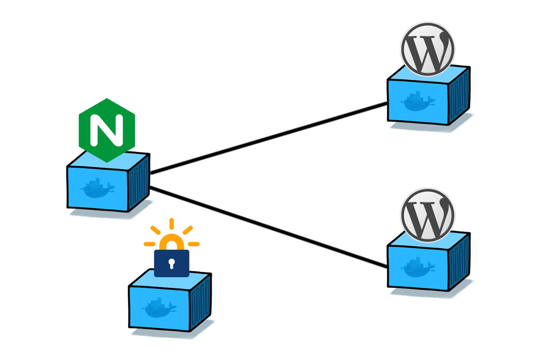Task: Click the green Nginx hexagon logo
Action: click(x=107, y=130)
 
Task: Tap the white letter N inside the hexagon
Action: click(x=107, y=130)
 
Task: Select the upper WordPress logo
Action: click(x=427, y=49)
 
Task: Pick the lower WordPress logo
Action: click(x=427, y=215)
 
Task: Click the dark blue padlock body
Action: click(x=171, y=263)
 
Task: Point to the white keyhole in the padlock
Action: click(x=171, y=263)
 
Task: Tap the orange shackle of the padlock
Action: click(x=171, y=242)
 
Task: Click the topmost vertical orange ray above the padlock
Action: click(x=171, y=224)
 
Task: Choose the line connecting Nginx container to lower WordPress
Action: click(x=269, y=227)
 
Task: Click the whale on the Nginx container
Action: click(x=97, y=188)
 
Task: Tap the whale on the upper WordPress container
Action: click(x=418, y=101)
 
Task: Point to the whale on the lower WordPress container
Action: click(x=418, y=267)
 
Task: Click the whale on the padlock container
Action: click(x=159, y=308)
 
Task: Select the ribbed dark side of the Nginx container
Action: click(x=139, y=183)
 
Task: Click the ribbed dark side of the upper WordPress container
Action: click(x=459, y=96)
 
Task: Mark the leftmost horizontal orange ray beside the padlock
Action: click(x=149, y=244)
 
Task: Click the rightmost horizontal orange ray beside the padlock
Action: click(x=194, y=244)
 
